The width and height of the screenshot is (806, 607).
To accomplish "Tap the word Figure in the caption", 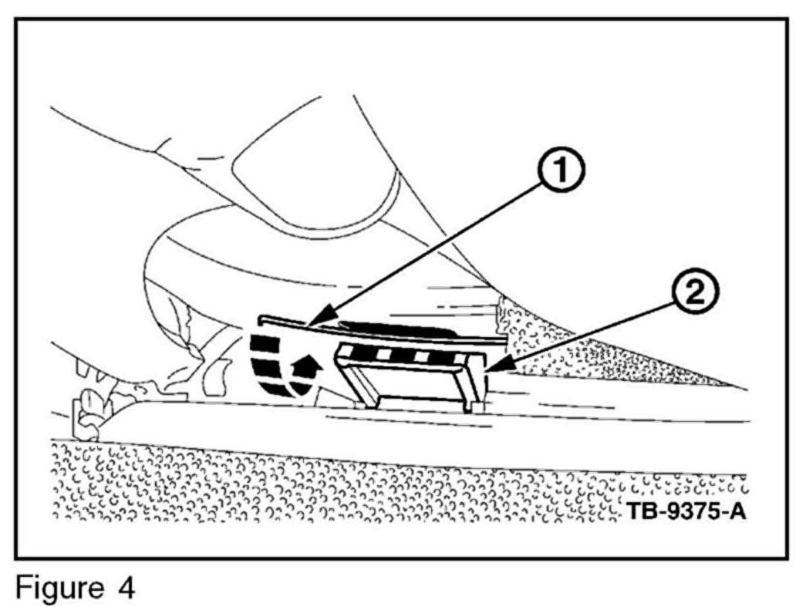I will (58, 588).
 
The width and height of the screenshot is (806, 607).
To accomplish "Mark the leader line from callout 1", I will (432, 245).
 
